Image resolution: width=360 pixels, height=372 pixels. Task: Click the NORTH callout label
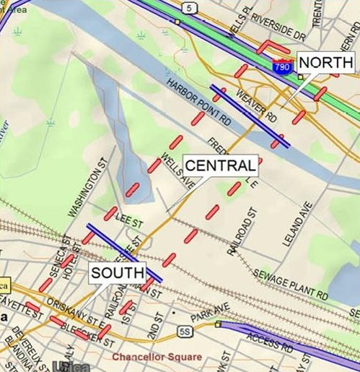point(325,63)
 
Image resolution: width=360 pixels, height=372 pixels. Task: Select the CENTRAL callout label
point(220,165)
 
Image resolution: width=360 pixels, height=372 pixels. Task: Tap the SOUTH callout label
point(116,274)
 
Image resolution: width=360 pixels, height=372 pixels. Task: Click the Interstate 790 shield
point(283,66)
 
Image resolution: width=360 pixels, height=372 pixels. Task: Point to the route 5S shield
point(184,331)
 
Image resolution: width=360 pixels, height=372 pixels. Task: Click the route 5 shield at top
point(189,8)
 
